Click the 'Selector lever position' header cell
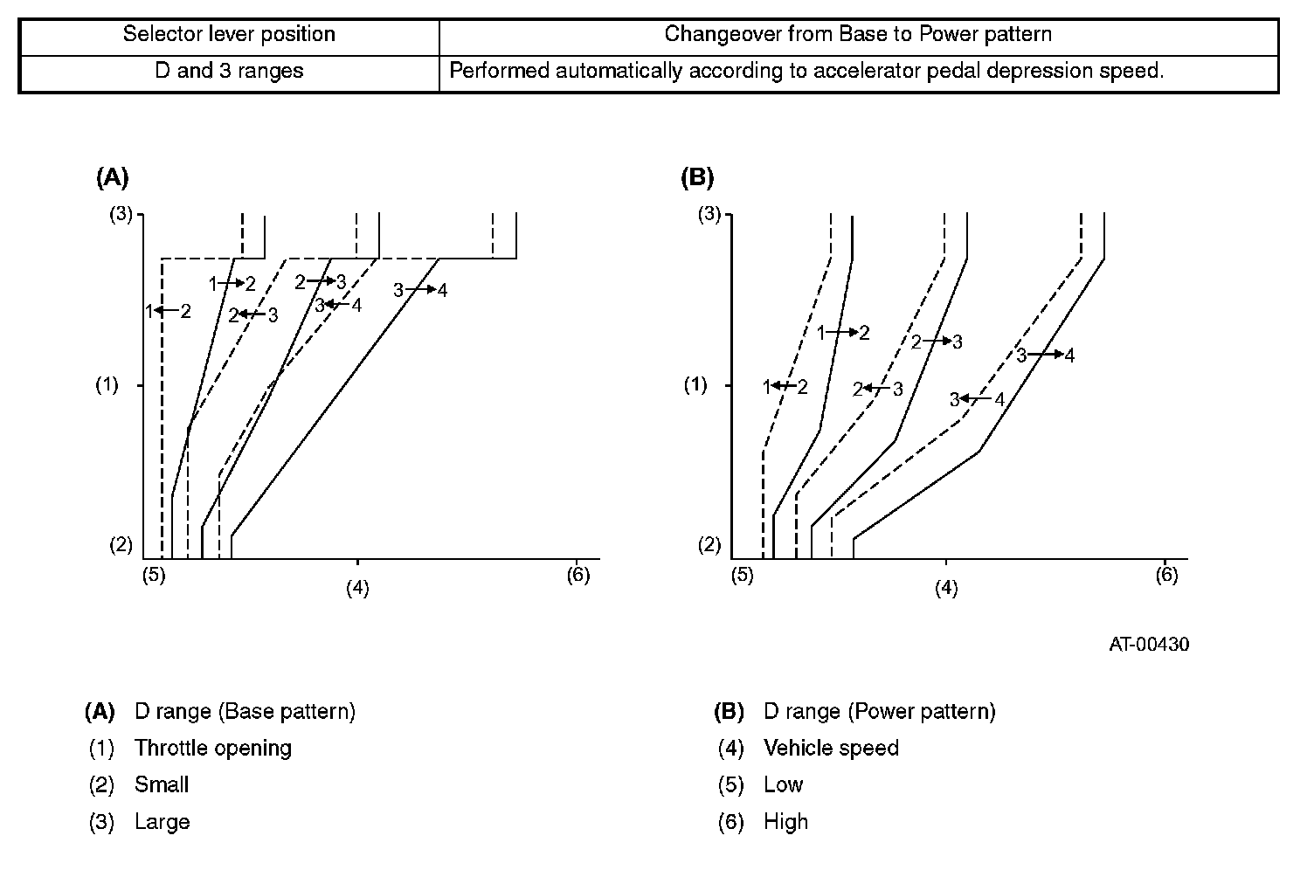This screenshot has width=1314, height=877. [x=229, y=35]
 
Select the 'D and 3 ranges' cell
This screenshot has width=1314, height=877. [x=229, y=71]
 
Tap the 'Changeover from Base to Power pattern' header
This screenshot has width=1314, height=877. [x=858, y=35]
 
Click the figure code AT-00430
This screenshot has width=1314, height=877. [x=1149, y=645]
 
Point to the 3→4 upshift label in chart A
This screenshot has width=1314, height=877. [x=420, y=290]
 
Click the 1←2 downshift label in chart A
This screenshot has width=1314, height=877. [x=168, y=310]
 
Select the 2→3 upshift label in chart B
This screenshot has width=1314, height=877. [x=937, y=342]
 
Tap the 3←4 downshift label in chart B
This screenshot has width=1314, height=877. [x=978, y=400]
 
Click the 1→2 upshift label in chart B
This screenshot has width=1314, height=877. [x=843, y=333]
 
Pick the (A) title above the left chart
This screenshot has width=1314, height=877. [x=112, y=178]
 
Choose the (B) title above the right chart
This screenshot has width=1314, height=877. [x=696, y=178]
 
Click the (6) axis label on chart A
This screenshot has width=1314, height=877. [x=578, y=575]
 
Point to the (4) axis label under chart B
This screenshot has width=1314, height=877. [x=946, y=589]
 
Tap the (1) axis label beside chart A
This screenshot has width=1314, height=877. [x=107, y=385]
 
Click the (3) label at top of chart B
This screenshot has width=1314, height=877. [x=709, y=213]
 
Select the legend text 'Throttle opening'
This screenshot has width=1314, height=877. [x=213, y=749]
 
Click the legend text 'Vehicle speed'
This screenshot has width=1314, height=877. [x=831, y=749]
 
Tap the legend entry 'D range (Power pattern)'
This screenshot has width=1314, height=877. [x=879, y=712]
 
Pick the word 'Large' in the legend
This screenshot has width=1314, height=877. [x=162, y=822]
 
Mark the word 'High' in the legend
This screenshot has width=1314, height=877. [x=785, y=822]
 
